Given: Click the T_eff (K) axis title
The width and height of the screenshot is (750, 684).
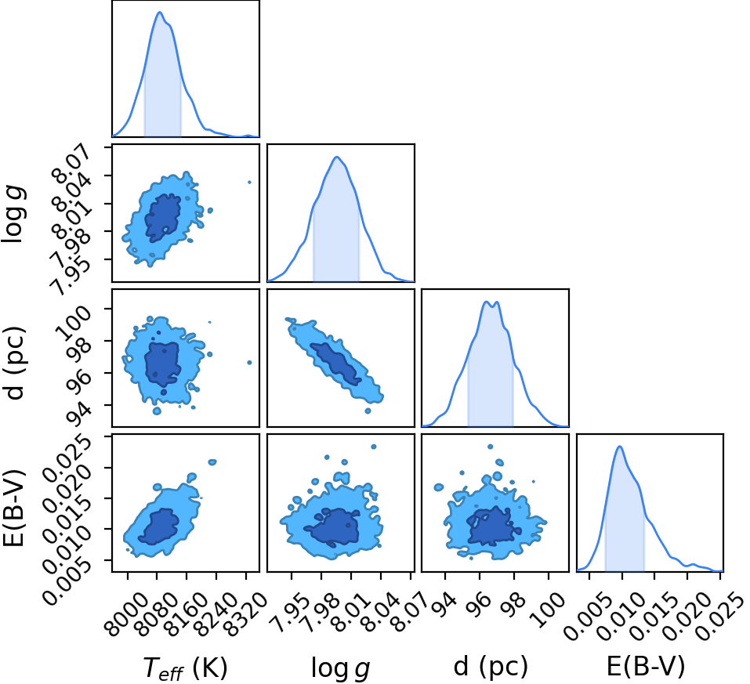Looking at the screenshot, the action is click(x=185, y=668).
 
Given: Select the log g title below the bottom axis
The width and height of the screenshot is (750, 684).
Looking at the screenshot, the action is click(x=341, y=668).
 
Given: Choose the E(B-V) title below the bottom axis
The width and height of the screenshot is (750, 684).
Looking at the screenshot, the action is click(x=645, y=666).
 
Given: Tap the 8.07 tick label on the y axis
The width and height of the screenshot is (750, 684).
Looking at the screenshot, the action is click(x=73, y=161).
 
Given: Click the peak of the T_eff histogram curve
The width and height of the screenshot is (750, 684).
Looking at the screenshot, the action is click(x=160, y=12).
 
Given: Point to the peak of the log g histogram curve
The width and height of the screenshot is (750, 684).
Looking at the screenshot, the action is click(x=337, y=157).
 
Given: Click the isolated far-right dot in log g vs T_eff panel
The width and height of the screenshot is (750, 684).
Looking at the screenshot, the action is click(x=249, y=183).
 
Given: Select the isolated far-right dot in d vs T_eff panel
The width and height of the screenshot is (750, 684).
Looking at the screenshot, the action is click(x=249, y=363).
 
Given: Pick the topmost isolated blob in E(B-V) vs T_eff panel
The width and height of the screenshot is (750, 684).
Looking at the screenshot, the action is click(x=212, y=462).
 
